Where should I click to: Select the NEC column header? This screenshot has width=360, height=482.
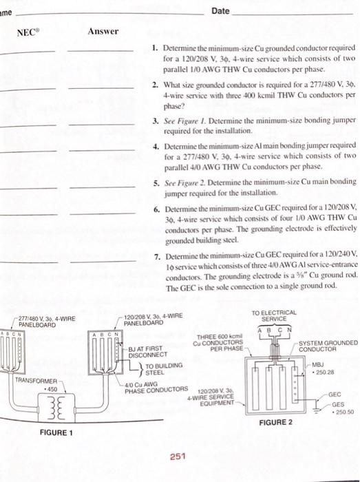point(27,32)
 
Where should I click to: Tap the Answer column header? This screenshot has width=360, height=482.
point(103,32)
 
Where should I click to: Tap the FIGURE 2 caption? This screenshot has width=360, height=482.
point(275,421)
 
